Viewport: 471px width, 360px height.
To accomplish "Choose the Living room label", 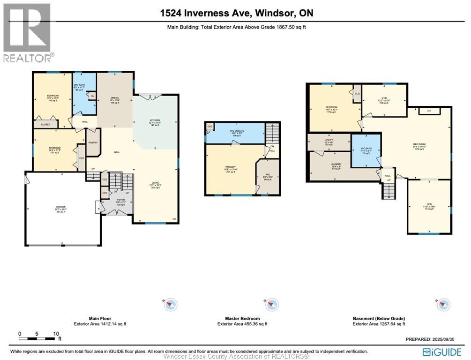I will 155,183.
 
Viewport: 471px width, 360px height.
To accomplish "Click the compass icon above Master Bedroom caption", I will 269,305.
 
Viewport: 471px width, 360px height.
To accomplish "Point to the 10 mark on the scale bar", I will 56,334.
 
